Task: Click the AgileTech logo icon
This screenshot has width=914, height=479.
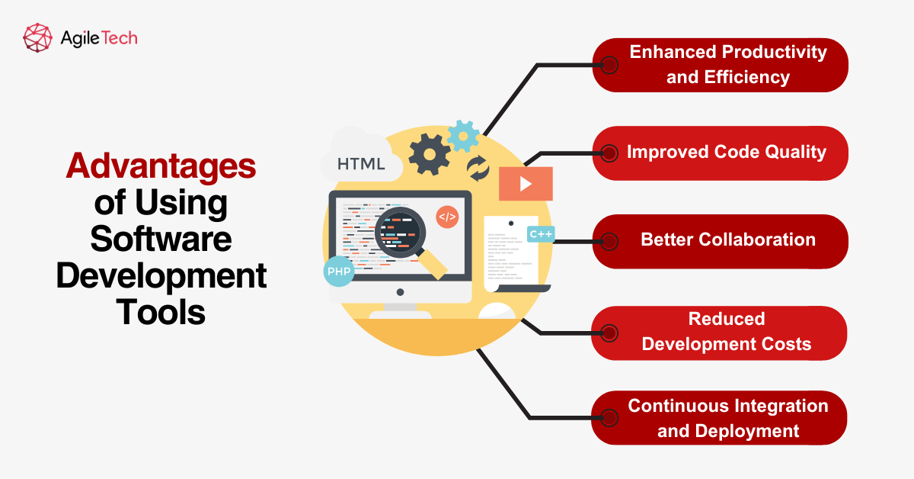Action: point(38,37)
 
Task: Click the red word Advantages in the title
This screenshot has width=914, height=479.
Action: point(161,167)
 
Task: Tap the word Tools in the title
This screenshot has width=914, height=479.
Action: point(161,312)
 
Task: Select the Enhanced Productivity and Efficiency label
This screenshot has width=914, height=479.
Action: point(727,65)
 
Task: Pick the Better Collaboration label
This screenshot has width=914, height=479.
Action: point(727,240)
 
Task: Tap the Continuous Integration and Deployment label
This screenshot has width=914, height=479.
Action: point(727,418)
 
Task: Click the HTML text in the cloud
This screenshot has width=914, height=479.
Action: point(361,164)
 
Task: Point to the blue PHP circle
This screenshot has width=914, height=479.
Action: point(339,271)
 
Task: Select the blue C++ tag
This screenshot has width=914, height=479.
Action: point(541,234)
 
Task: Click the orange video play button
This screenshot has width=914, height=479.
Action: point(526,184)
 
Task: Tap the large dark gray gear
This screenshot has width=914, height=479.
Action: point(430,155)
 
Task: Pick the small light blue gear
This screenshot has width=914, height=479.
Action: point(463,136)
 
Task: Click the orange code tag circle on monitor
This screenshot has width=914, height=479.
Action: point(447,217)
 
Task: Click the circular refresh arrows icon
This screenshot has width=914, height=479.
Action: point(478,169)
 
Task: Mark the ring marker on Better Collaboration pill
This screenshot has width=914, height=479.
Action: point(609,241)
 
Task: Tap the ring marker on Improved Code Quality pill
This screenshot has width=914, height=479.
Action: point(609,153)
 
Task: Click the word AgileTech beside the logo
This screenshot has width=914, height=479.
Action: point(98,37)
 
